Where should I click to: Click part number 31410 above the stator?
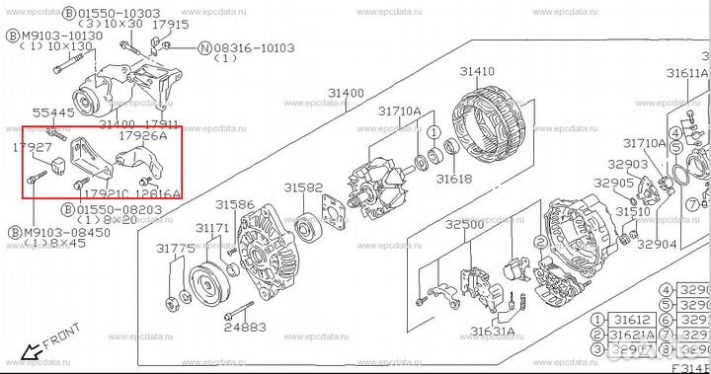(477, 73)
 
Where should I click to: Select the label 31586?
(235, 204)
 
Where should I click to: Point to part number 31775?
(175, 250)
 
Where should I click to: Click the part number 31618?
(455, 179)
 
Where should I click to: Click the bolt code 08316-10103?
(256, 46)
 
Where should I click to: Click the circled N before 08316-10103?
(204, 46)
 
